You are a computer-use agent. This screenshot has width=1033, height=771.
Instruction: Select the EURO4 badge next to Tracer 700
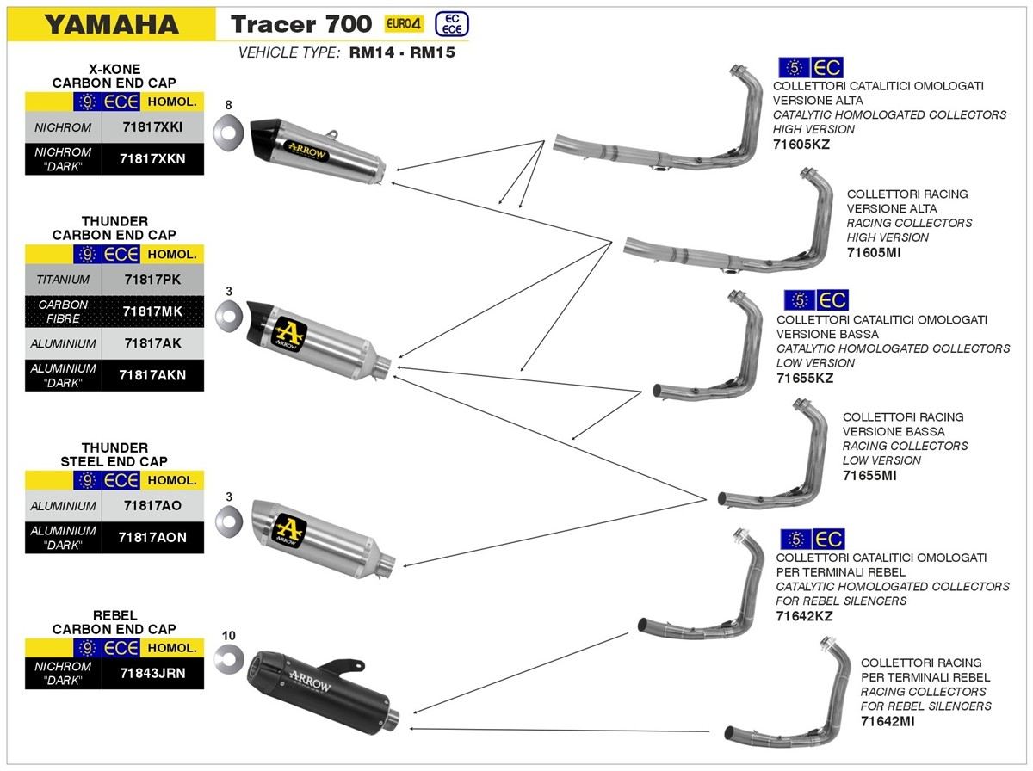[405, 23]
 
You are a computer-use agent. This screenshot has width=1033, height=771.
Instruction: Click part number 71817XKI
[153, 127]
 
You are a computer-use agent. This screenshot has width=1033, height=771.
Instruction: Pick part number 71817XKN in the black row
[153, 157]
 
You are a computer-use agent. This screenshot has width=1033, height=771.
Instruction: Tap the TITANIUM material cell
[63, 280]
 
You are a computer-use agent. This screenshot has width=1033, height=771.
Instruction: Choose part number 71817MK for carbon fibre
[152, 311]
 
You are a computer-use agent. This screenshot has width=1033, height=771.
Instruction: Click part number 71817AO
[152, 506]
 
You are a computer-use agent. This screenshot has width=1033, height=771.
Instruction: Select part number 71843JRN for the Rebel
[153, 673]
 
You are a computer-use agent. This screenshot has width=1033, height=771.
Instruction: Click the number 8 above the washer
[228, 105]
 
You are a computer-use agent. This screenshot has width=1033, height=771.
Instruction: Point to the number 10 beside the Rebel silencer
[228, 637]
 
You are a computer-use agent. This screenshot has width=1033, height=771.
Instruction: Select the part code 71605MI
[875, 252]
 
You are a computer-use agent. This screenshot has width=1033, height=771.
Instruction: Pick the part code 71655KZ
[805, 378]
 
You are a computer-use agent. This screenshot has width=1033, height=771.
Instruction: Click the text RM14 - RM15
[402, 52]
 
